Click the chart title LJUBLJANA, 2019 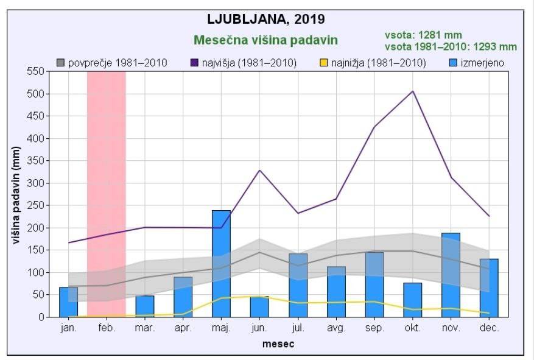pos(266,19)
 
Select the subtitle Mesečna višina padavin pos(265,40)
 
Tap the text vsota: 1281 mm pos(423,35)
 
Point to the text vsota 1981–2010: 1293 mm pos(451,46)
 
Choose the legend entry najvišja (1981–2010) pos(244,63)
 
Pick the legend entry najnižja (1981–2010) pos(373,63)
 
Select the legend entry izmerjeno pos(477,63)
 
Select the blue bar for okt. pos(413,300)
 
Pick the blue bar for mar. pos(145,306)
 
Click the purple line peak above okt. pos(413,91)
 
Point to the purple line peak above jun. pos(260,170)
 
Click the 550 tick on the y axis pos(38,71)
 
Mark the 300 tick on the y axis pos(38,183)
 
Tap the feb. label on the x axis pos(107,328)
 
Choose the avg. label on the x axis pos(336,328)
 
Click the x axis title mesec pos(278,344)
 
